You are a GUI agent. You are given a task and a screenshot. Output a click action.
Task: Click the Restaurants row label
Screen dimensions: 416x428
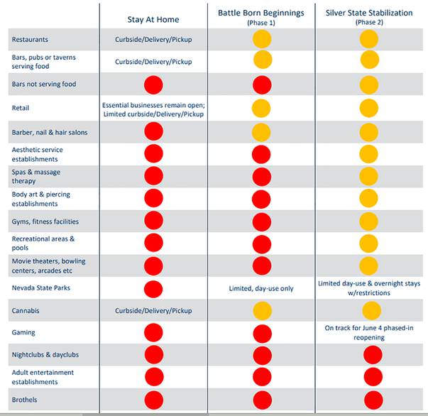click(x=30, y=40)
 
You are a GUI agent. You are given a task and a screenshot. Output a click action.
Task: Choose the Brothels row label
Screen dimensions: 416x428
click(x=25, y=400)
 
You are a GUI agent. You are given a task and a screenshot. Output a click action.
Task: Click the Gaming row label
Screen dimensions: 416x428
click(x=23, y=332)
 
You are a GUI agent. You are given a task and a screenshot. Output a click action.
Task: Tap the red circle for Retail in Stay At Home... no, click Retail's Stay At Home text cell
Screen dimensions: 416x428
click(x=153, y=109)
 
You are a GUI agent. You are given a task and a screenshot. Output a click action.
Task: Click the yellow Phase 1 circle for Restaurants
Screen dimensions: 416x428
click(x=263, y=39)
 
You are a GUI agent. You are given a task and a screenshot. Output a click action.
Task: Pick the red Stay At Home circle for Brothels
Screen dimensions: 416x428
click(x=154, y=400)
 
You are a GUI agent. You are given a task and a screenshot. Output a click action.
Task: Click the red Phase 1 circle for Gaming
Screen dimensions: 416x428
click(x=263, y=332)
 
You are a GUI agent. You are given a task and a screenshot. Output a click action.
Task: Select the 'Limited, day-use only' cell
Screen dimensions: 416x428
click(x=262, y=288)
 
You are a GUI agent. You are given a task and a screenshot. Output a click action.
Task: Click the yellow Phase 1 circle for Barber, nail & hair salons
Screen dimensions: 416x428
click(x=263, y=132)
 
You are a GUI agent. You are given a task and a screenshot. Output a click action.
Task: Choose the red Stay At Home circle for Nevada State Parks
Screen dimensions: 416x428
click(x=154, y=288)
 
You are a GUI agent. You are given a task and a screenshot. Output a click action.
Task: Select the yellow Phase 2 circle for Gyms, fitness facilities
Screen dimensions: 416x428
click(x=369, y=221)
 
